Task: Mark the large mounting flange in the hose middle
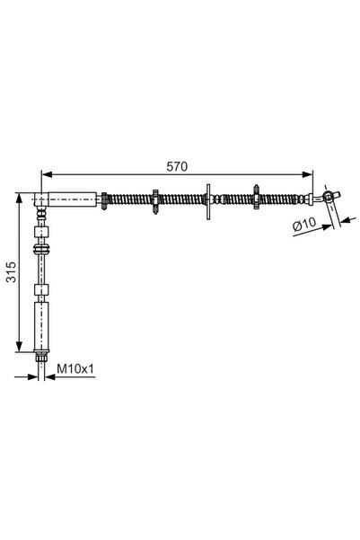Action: [210, 199]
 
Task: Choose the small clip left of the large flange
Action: [156, 199]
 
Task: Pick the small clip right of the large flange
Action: [258, 199]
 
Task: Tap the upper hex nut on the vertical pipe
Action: [40, 243]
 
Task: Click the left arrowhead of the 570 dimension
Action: [47, 175]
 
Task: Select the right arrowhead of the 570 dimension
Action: [310, 175]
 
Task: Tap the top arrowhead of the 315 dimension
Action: [19, 195]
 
